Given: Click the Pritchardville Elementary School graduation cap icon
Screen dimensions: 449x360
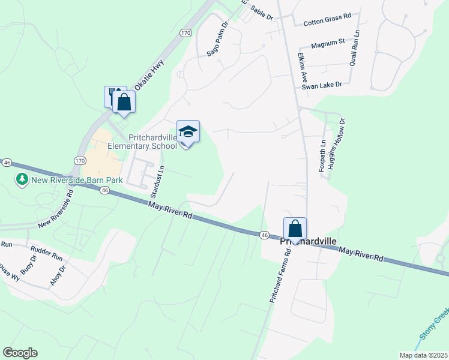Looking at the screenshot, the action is tap(188, 131).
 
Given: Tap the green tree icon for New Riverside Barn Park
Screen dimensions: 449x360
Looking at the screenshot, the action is tap(22, 179).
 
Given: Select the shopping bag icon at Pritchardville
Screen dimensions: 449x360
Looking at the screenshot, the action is tap(295, 229).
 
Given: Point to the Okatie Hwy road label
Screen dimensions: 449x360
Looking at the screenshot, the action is tap(149, 78).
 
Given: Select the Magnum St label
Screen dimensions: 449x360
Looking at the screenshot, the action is tap(328, 43).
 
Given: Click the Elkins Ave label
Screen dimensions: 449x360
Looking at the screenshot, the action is tap(303, 67).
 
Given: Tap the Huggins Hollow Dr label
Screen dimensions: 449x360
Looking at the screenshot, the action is tap(342, 138).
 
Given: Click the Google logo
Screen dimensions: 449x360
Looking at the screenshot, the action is tap(20, 353).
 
